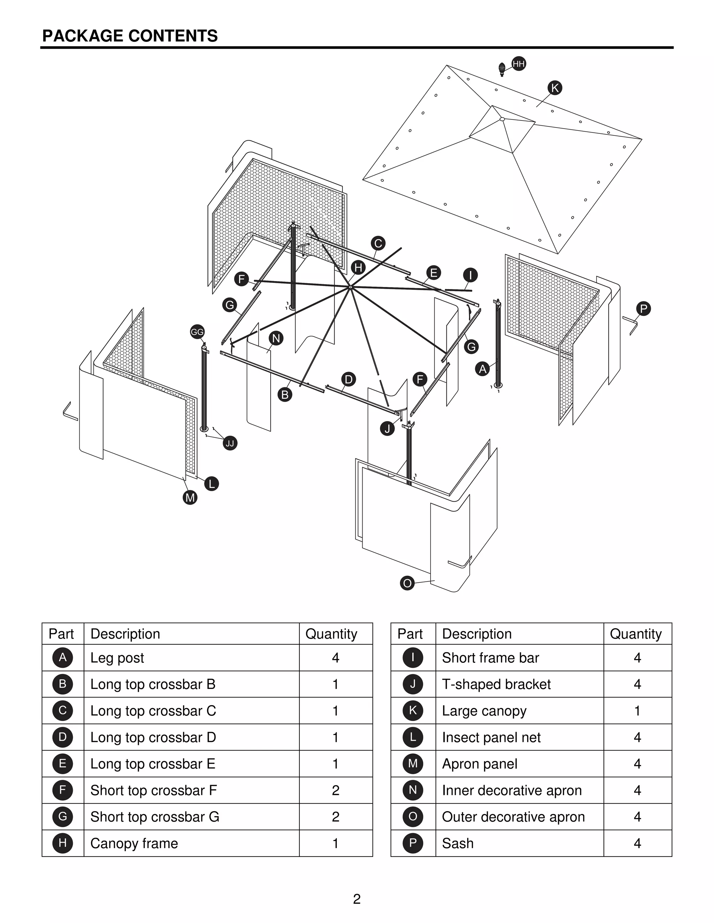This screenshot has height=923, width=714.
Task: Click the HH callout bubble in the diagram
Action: click(x=518, y=64)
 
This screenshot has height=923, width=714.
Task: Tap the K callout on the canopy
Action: click(x=555, y=88)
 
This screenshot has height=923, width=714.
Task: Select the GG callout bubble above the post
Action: click(x=197, y=332)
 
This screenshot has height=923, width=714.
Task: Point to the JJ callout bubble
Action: click(x=230, y=443)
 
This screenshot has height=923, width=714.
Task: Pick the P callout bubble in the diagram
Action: click(x=643, y=309)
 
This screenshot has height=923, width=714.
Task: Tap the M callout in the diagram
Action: click(x=190, y=497)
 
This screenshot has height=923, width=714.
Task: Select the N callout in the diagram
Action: click(x=276, y=338)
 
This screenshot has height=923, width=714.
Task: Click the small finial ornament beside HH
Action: click(x=502, y=69)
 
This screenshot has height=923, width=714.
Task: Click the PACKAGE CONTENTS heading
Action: click(x=130, y=36)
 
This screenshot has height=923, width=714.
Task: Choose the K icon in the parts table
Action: click(x=413, y=711)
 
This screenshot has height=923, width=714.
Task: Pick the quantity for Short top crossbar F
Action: click(x=335, y=790)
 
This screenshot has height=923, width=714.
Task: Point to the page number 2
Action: click(x=357, y=899)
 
